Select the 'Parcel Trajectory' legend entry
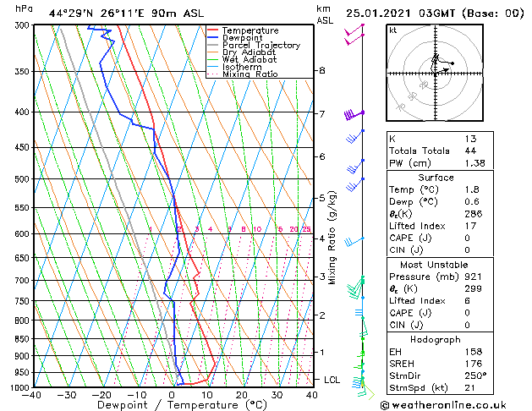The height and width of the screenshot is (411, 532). tap(261, 46)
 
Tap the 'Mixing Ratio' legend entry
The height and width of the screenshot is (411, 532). tap(250, 74)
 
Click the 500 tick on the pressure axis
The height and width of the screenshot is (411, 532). tap(19, 179)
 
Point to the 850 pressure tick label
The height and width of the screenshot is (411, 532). tap(19, 339)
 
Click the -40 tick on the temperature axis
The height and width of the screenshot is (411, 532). tap(32, 395)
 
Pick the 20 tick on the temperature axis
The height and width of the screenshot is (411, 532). tap(242, 395)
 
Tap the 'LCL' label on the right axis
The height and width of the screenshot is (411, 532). tap(332, 381)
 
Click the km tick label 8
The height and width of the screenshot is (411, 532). tap(322, 70)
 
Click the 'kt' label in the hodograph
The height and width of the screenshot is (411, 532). tap(392, 30)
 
